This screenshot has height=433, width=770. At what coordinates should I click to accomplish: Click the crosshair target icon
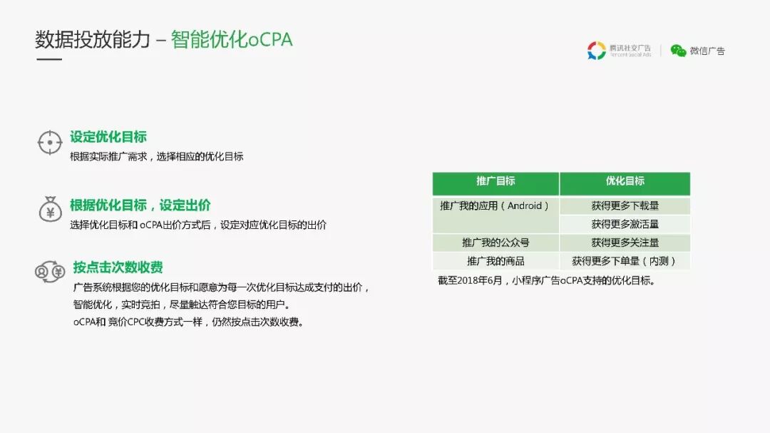pos(49,143)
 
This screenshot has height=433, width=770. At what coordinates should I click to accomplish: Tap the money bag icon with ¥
pos(49,210)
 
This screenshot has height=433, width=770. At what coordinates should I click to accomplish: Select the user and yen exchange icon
pos(50,272)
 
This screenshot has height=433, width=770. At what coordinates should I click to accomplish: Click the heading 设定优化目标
pos(108,137)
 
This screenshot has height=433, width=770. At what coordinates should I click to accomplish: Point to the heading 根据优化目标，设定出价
pos(140,205)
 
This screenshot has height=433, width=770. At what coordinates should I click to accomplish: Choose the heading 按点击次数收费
pos(118,268)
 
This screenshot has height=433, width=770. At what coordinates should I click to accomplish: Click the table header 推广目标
pos(496,181)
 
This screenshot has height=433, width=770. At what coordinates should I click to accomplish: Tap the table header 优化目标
pos(625,181)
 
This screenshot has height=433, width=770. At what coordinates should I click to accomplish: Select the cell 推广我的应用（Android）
pos(496,206)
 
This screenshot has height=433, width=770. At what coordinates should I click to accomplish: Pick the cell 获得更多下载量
pos(625,206)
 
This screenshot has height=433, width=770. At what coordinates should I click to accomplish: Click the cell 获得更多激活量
pos(625,225)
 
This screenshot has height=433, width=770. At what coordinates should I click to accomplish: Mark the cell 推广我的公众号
pos(496,243)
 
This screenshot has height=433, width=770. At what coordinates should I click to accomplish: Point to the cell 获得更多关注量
pos(625,243)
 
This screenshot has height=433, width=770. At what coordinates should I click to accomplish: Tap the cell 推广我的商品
pos(496,262)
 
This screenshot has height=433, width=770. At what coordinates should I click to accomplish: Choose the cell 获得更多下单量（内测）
pos(625,262)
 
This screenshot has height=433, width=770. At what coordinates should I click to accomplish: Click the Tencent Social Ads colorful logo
pos(596,51)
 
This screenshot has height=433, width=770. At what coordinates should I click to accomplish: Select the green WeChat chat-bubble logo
pos(678,51)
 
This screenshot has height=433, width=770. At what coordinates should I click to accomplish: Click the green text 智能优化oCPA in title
pos(232,39)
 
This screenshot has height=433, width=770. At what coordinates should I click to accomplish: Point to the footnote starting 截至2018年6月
pos(546,281)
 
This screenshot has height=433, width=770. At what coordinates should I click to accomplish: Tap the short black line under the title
pos(48,59)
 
